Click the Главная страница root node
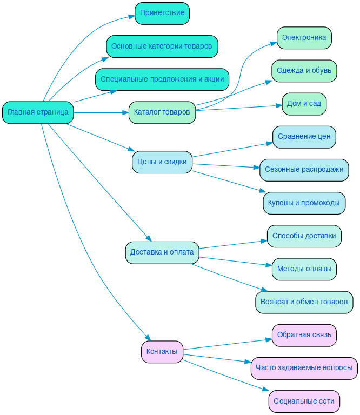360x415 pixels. [x=38, y=112]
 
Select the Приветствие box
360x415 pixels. [x=162, y=13]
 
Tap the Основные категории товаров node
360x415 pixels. [x=162, y=46]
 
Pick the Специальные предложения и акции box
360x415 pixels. [x=162, y=79]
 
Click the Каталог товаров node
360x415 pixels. [x=162, y=112]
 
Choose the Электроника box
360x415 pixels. [x=304, y=38]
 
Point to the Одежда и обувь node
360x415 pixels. [x=304, y=71]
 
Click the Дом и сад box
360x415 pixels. [x=304, y=104]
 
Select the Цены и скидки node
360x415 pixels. [x=162, y=162]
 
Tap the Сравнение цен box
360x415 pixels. [x=304, y=137]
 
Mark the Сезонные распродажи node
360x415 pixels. [x=304, y=170]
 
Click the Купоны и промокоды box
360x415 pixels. [x=304, y=203]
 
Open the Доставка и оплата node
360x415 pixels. [x=162, y=252]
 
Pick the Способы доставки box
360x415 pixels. [x=304, y=236]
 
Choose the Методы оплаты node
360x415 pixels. [x=304, y=269]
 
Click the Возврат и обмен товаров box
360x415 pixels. [x=304, y=302]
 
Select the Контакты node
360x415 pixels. [x=162, y=352]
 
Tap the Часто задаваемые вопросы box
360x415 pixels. [x=304, y=368]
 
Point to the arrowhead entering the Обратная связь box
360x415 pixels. [x=269, y=340]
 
